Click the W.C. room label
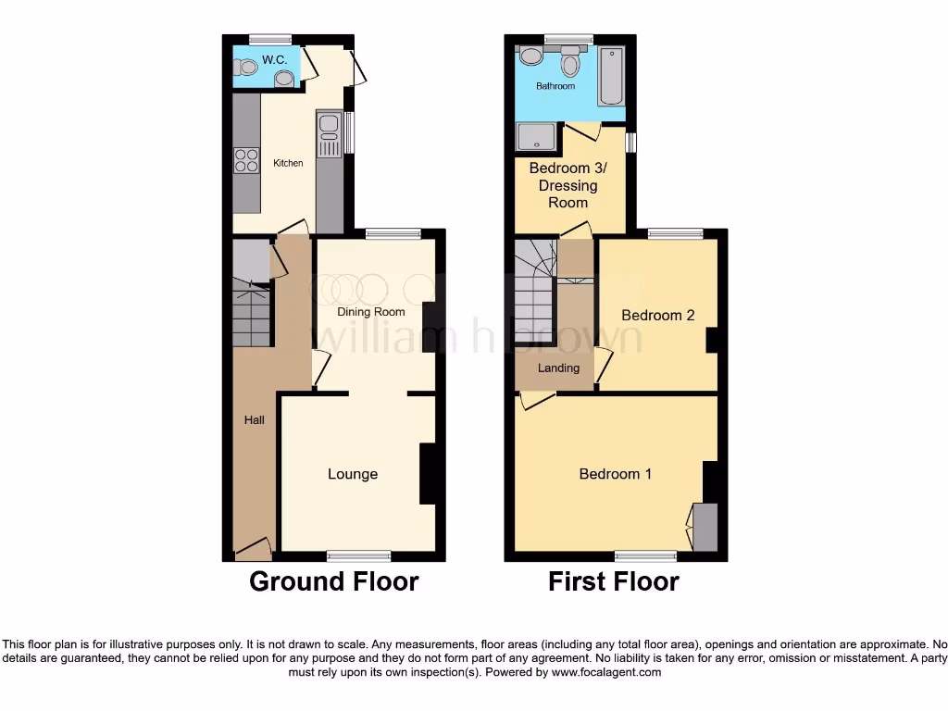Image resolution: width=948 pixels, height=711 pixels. (x=274, y=59)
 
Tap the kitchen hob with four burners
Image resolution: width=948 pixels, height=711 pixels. (x=246, y=161)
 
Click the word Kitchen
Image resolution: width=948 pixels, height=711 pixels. (x=288, y=164)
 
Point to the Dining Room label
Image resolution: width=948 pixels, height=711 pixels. (x=370, y=312)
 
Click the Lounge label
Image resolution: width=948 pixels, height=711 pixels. (x=353, y=474)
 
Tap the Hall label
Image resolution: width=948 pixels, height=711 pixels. (x=254, y=420)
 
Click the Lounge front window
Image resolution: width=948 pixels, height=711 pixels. (x=359, y=555)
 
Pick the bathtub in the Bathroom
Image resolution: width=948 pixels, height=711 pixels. (x=611, y=76)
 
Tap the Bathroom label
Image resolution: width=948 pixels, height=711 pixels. (x=555, y=86)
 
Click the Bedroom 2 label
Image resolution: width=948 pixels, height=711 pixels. (x=657, y=316)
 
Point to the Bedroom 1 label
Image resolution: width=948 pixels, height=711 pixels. (x=615, y=474)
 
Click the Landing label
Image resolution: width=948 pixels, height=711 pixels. (x=559, y=368)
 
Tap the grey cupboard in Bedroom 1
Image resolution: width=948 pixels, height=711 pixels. (x=705, y=527)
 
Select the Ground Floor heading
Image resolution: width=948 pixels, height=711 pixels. (x=333, y=581)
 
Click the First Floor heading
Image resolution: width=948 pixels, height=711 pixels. (x=613, y=581)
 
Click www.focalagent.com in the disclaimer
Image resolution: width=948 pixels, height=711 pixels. (x=605, y=672)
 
